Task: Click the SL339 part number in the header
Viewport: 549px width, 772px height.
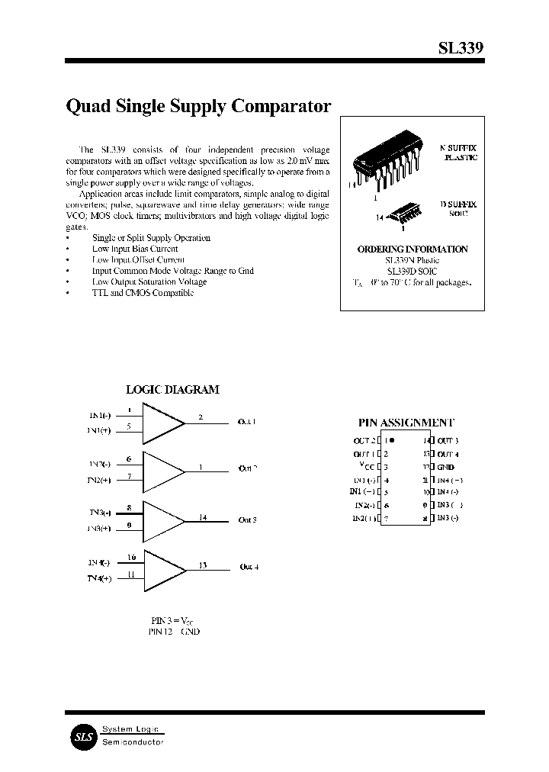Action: (460, 47)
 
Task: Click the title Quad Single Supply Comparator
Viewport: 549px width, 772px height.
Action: (199, 106)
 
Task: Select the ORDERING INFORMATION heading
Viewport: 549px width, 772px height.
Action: (413, 249)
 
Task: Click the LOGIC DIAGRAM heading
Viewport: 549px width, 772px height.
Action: (172, 389)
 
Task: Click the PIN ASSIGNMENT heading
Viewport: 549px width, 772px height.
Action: (406, 422)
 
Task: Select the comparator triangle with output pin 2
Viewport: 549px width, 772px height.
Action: (162, 424)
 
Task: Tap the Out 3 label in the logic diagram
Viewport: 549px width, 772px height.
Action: (248, 519)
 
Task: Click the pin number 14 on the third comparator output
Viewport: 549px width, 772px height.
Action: (202, 517)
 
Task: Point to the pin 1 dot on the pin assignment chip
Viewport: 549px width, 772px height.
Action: (392, 440)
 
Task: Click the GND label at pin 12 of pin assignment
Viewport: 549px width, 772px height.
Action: (446, 467)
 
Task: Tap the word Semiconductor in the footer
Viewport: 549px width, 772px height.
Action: (133, 742)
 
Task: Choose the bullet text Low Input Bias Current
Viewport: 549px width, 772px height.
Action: (135, 249)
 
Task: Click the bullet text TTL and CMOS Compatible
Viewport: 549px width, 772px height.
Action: (143, 292)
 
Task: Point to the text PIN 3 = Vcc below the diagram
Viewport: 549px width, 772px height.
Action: (174, 621)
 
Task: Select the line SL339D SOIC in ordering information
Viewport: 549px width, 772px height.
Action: (413, 271)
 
